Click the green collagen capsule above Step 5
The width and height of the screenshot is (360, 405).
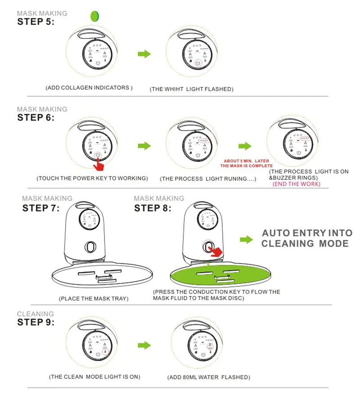point(94,16)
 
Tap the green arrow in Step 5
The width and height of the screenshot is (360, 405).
point(144,54)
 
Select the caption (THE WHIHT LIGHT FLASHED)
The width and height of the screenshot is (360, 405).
point(192,89)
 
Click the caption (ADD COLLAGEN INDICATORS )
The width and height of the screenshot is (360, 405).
point(89,88)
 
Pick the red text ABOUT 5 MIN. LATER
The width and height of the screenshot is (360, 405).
point(246,161)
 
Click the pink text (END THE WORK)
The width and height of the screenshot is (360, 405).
point(297,184)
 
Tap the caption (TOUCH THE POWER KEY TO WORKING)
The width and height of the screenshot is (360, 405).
point(92,178)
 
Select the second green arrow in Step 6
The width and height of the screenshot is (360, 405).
point(245,146)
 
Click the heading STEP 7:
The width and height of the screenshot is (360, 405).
point(41,208)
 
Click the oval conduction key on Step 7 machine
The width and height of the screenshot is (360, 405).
point(89,247)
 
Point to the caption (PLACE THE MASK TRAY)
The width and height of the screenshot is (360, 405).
point(94,299)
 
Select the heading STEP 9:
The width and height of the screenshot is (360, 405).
point(36,322)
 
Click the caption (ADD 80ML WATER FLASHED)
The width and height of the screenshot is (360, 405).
point(208,377)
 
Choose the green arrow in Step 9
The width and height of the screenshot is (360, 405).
point(144,345)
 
